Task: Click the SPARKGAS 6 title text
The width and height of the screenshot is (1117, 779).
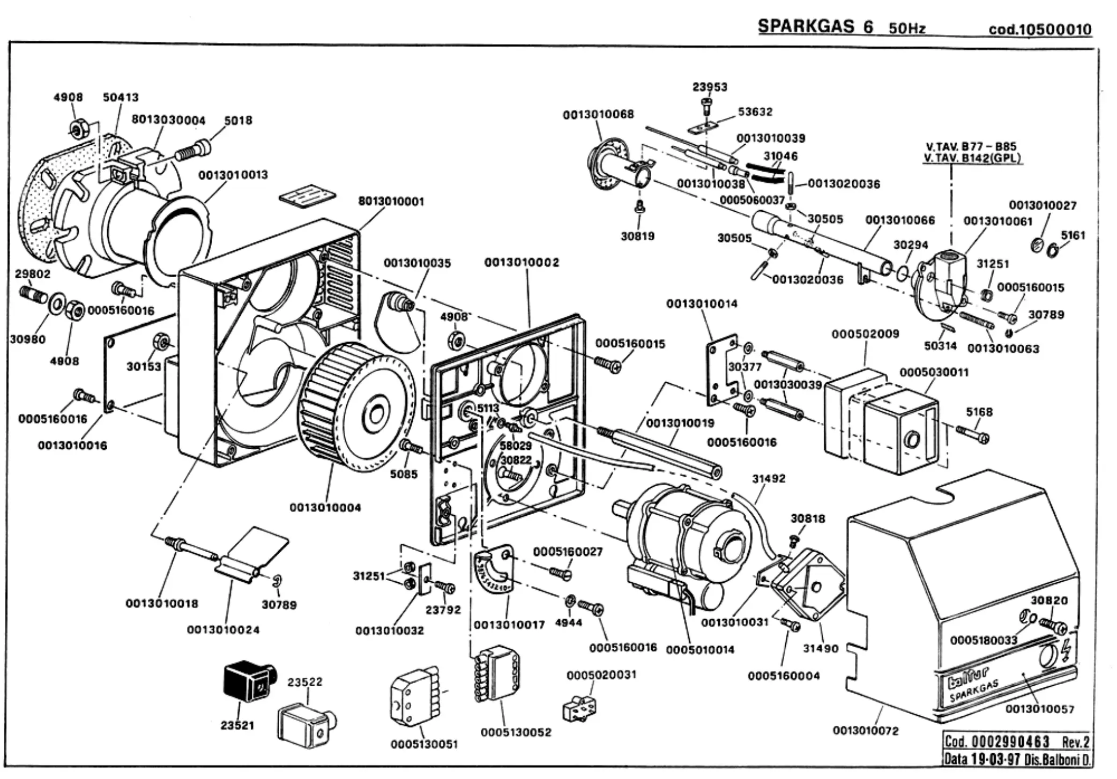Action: [815, 26]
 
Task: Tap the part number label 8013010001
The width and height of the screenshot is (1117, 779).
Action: [391, 202]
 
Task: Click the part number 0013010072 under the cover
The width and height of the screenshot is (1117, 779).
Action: [866, 731]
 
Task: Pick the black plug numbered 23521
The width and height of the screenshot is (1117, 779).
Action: [248, 680]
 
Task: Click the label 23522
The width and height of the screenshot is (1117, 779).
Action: [305, 682]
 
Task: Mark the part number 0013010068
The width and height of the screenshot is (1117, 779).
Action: [598, 114]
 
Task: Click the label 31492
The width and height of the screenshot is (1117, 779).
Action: [769, 479]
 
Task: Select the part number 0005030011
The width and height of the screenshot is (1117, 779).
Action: [934, 372]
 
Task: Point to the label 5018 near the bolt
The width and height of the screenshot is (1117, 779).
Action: [238, 120]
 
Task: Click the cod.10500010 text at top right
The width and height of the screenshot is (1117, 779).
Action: [1040, 29]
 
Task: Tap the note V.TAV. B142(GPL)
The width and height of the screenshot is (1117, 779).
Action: [972, 158]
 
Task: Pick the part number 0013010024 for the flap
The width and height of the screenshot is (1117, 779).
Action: [223, 629]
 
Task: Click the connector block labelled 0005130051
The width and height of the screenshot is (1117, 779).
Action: [413, 702]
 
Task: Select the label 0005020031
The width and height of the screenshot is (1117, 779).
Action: [601, 674]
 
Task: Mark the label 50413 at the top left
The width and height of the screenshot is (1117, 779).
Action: [121, 97]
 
